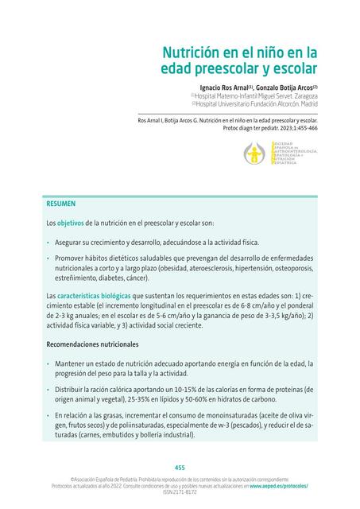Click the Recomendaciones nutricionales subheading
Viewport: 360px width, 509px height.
(93, 344)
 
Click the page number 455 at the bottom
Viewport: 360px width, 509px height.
(180, 468)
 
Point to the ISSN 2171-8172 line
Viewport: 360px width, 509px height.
(180, 492)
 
